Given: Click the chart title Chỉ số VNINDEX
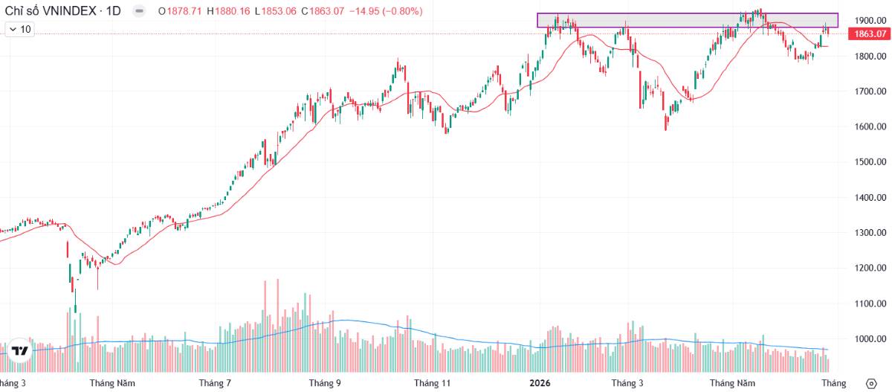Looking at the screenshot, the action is [x=51, y=10].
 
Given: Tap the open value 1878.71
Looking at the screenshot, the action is [x=184, y=11].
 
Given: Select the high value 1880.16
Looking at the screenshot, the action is [x=233, y=11].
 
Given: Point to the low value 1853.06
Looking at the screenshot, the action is [x=279, y=11].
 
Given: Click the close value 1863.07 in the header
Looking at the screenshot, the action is [x=326, y=11].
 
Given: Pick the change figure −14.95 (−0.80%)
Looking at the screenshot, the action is [x=386, y=11].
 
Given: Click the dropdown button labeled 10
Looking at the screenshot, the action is [x=20, y=29].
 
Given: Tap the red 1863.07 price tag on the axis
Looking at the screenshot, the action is [x=870, y=34].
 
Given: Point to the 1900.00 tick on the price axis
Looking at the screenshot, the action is [x=870, y=20].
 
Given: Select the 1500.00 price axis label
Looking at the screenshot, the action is [x=870, y=161].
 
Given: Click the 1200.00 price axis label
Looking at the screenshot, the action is [x=870, y=268].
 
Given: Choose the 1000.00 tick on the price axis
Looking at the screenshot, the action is [x=870, y=338].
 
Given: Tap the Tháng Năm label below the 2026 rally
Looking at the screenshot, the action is [x=732, y=383].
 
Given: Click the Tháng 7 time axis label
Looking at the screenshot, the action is [x=215, y=383].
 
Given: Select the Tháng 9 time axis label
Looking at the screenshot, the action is [x=325, y=383].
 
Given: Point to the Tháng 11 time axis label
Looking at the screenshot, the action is [x=432, y=383].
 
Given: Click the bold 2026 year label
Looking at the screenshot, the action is [x=540, y=383].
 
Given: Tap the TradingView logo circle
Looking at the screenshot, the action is [x=19, y=350].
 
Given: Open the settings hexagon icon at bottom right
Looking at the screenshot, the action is [x=871, y=384].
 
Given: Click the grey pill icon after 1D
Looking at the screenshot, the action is [x=139, y=10].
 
